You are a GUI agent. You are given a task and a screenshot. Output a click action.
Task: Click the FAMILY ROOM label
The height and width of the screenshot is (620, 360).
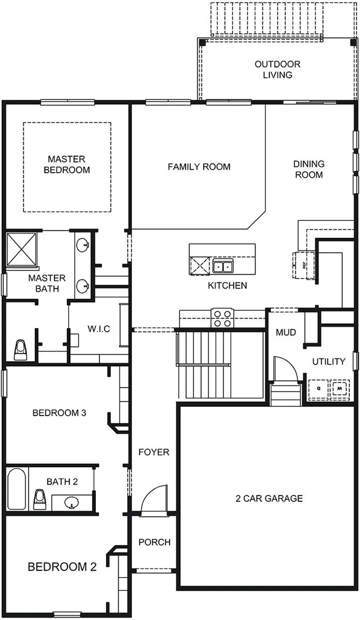[x=199, y=167]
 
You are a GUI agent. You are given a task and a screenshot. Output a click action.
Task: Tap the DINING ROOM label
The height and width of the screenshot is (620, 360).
[x=309, y=169]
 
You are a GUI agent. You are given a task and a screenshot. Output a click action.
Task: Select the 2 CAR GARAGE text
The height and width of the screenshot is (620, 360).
[x=269, y=498]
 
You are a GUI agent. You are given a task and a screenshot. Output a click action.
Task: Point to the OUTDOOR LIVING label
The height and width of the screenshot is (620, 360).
[x=278, y=69]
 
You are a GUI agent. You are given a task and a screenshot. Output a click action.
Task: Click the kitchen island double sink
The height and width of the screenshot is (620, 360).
[x=223, y=267]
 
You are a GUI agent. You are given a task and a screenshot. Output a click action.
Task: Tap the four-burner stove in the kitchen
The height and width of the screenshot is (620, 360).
[x=223, y=318]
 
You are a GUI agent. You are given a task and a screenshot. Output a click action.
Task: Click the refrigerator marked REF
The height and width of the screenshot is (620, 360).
[x=304, y=265]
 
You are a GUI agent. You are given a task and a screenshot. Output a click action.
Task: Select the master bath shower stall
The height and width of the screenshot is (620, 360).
[x=22, y=249]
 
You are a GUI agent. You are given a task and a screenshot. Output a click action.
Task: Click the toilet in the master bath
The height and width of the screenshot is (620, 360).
[x=21, y=350]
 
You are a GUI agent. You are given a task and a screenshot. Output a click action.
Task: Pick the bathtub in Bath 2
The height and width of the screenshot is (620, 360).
[x=17, y=489]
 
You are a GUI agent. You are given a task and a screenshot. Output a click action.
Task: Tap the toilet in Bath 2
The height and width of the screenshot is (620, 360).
[x=40, y=499]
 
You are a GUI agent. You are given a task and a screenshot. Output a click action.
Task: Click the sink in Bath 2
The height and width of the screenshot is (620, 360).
[x=71, y=502]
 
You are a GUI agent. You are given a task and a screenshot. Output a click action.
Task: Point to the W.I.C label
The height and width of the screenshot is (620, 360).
[x=99, y=329]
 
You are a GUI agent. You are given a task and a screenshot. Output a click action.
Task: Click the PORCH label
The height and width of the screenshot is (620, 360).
[x=154, y=542]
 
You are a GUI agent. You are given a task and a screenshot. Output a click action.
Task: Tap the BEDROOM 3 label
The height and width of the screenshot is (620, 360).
[x=59, y=413]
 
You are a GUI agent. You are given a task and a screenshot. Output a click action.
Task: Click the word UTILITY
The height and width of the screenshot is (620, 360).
[x=329, y=361]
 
